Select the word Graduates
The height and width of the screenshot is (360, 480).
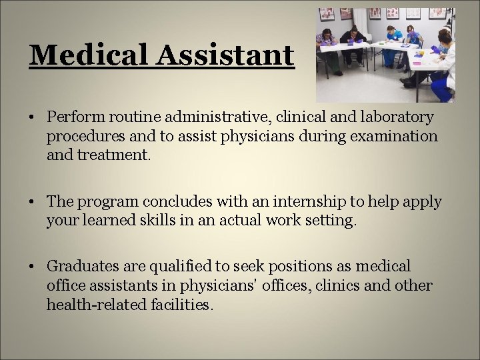pos(79,267)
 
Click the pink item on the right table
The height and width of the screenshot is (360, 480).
pos(416,63)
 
